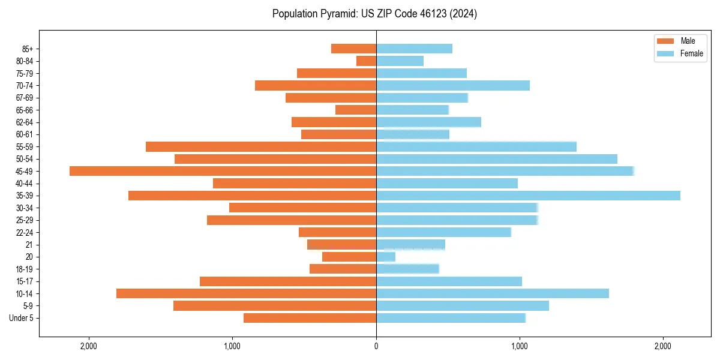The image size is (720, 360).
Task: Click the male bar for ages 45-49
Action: pyautogui.click(x=223, y=171)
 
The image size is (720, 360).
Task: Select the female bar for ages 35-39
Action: pyautogui.click(x=528, y=196)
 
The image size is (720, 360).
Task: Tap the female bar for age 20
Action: pyautogui.click(x=386, y=257)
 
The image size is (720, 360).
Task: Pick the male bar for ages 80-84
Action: pyautogui.click(x=367, y=61)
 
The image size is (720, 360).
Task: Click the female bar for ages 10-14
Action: pyautogui.click(x=493, y=293)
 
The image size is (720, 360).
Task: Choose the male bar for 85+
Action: pyautogui.click(x=354, y=49)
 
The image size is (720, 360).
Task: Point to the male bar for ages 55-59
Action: pyautogui.click(x=261, y=146)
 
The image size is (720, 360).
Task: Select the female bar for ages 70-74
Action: pyautogui.click(x=453, y=85)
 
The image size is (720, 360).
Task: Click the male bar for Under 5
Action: pyautogui.click(x=310, y=318)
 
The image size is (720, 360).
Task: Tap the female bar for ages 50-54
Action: pyautogui.click(x=497, y=159)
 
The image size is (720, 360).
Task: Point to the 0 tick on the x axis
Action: pyautogui.click(x=376, y=346)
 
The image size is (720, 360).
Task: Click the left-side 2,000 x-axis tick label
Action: pyautogui.click(x=89, y=346)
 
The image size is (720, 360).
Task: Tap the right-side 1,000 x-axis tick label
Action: pyautogui.click(x=520, y=346)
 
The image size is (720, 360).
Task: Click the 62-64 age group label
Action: pyautogui.click(x=25, y=122)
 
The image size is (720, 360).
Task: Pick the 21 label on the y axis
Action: pyautogui.click(x=29, y=245)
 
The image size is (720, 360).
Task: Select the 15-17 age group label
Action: pyautogui.click(x=25, y=281)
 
